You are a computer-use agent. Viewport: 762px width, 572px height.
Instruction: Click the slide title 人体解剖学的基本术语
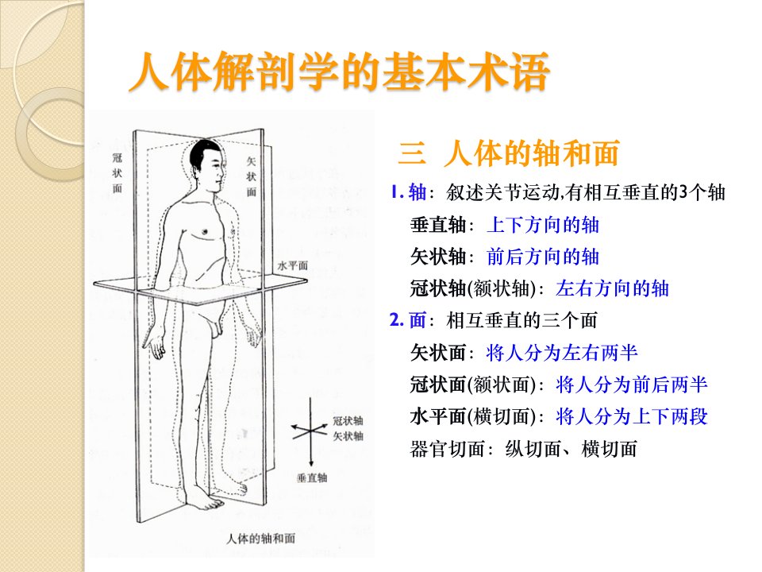pyautogui.click(x=339, y=73)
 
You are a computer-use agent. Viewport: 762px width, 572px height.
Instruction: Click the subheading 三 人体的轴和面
pyautogui.click(x=508, y=153)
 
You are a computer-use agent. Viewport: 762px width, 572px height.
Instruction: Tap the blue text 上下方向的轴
pyautogui.click(x=543, y=225)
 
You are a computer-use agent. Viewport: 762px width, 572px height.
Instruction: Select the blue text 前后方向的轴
pyautogui.click(x=543, y=257)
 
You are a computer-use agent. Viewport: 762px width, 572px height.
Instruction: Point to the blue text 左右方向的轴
pyautogui.click(x=612, y=288)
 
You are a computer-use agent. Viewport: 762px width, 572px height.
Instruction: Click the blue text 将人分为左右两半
pyautogui.click(x=561, y=353)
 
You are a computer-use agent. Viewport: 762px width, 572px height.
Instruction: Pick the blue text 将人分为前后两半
pyautogui.click(x=631, y=385)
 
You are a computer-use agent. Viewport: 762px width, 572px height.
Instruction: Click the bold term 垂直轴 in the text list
pyautogui.click(x=438, y=225)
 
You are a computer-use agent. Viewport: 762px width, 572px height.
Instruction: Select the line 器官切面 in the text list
pyautogui.click(x=523, y=449)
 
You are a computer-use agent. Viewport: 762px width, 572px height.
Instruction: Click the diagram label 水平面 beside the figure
pyautogui.click(x=293, y=265)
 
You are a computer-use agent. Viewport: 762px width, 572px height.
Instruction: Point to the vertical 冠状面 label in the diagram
pyautogui.click(x=117, y=172)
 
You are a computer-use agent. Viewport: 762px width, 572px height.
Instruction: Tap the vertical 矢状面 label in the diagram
pyautogui.click(x=251, y=176)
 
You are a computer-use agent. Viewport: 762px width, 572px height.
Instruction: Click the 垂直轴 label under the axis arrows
pyautogui.click(x=312, y=477)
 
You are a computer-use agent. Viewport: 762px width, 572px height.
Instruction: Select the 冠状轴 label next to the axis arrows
pyautogui.click(x=348, y=421)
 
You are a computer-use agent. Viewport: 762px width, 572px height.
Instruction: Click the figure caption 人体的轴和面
pyautogui.click(x=261, y=539)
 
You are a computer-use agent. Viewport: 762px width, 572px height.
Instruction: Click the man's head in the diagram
pyautogui.click(x=207, y=160)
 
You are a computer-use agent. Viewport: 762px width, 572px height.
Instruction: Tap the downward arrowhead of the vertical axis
pyautogui.click(x=311, y=463)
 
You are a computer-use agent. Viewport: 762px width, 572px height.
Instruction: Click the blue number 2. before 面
pyautogui.click(x=397, y=320)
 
